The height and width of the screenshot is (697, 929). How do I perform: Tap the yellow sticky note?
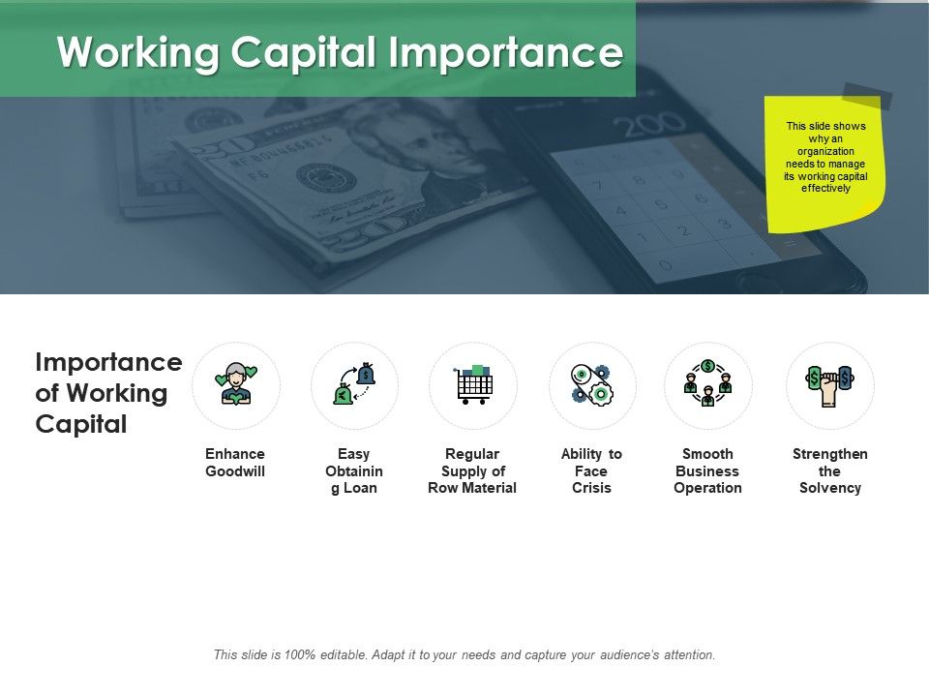pos(824,162)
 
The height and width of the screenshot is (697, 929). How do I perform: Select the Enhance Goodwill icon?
pos(236,384)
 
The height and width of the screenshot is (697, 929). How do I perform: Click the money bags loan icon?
pos(354,384)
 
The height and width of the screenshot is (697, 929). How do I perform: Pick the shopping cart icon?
pos(473,384)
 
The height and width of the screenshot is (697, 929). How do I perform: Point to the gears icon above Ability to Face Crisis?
pos(591,384)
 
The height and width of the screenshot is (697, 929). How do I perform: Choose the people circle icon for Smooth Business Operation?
pos(707,384)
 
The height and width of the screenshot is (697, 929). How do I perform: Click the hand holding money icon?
pos(829,384)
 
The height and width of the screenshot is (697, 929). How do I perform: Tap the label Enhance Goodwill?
pos(235,463)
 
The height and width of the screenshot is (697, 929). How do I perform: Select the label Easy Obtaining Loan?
pos(354,471)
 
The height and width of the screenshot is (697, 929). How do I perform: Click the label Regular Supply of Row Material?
pos(472,471)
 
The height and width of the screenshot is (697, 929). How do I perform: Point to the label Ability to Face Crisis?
pos(591,471)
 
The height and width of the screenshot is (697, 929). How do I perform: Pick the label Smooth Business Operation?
pos(707,471)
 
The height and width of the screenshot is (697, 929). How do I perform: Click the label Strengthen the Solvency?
pos(829,471)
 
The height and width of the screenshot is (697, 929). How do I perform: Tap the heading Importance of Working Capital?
pos(107,393)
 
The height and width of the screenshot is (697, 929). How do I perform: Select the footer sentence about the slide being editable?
pos(464,655)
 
